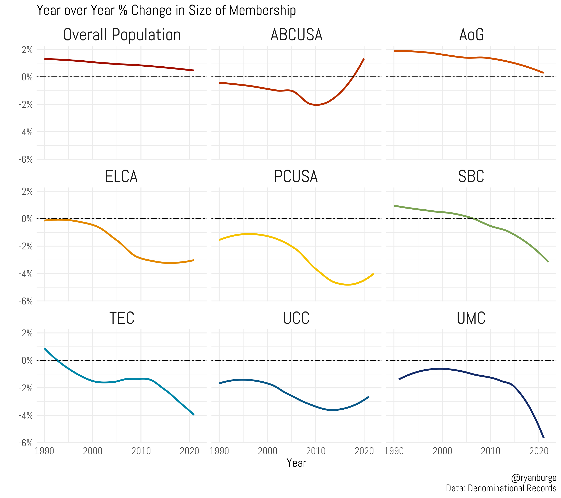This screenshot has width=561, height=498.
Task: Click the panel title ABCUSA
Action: click(296, 35)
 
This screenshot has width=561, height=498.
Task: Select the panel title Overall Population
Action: click(122, 35)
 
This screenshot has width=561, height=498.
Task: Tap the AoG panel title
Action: click(471, 35)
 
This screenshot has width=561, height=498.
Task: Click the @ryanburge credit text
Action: click(534, 478)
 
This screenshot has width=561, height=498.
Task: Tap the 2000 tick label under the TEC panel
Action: click(92, 451)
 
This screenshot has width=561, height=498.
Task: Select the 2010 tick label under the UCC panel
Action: click(316, 451)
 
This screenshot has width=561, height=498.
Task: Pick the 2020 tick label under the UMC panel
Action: click(539, 451)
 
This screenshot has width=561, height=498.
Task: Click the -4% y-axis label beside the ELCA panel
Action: click(26, 274)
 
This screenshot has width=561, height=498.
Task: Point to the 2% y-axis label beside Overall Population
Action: click(27, 50)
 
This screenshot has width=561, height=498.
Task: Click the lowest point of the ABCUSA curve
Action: click(316, 105)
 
